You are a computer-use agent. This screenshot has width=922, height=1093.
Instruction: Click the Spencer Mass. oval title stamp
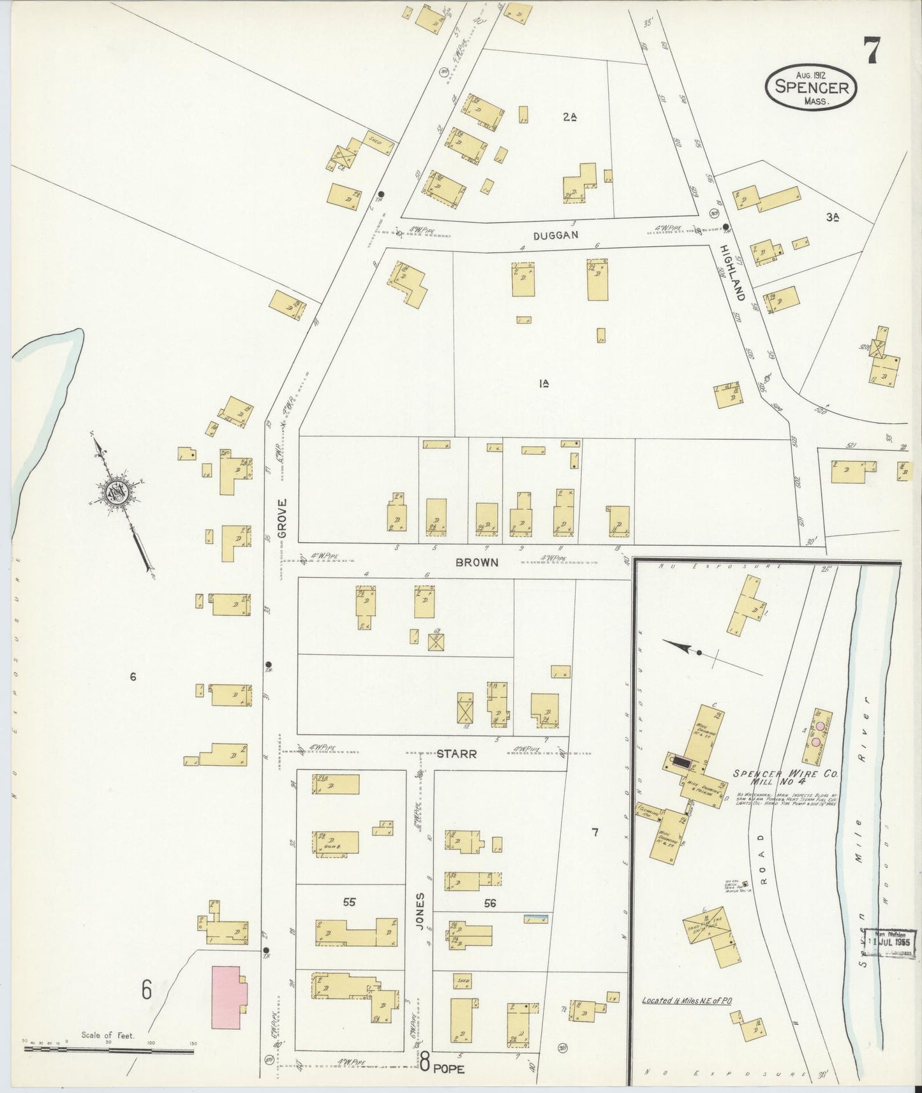tap(811, 87)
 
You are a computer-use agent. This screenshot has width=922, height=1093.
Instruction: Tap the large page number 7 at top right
tap(872, 50)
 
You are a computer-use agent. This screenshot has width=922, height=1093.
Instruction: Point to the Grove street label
tap(283, 518)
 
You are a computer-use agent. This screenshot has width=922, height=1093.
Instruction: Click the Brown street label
tap(477, 563)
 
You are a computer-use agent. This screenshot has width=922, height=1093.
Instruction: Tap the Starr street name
tap(457, 754)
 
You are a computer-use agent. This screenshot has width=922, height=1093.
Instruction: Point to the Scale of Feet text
tap(108, 1036)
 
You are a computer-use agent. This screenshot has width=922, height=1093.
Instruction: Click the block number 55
tap(348, 902)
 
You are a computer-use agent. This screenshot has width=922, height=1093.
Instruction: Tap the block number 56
tap(490, 903)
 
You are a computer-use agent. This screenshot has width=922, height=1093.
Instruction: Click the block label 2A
tap(570, 117)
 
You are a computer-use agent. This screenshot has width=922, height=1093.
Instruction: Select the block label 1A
tap(544, 383)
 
